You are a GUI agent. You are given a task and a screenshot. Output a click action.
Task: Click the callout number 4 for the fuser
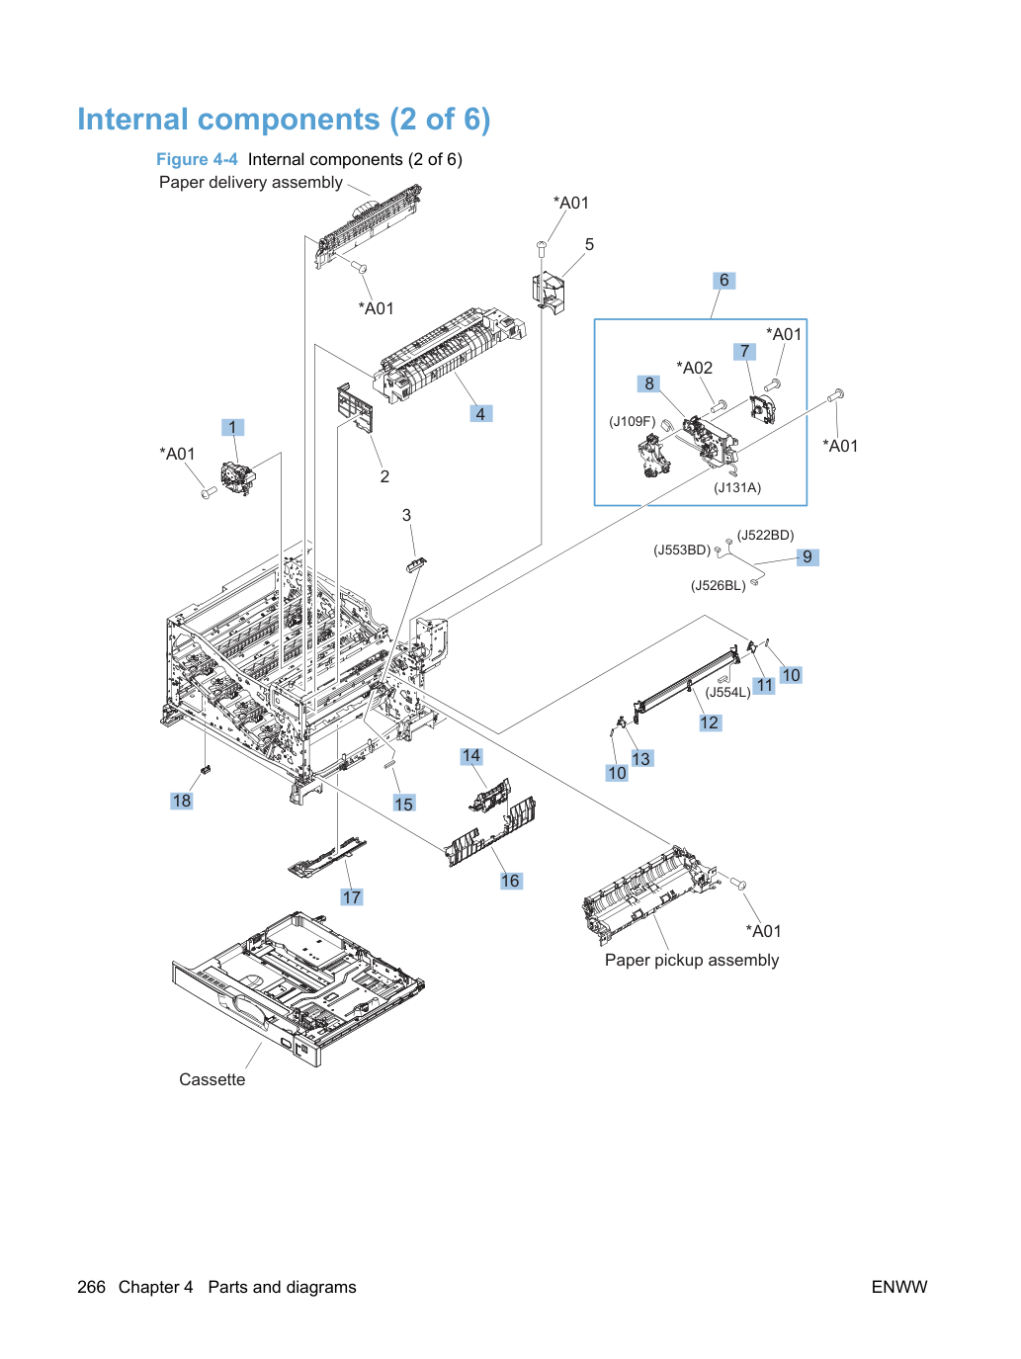[480, 413]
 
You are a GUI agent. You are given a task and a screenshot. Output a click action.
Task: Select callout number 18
[182, 801]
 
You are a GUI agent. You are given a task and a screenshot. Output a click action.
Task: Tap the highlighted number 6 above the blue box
[723, 281]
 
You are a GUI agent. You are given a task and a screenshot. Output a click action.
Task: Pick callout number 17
[352, 897]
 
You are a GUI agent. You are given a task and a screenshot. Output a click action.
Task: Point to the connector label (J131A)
[736, 488]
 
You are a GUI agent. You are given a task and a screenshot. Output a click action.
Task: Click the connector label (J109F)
[632, 422]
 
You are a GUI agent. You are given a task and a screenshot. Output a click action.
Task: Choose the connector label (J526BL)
[718, 586]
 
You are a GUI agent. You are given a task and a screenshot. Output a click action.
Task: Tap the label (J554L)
[727, 692]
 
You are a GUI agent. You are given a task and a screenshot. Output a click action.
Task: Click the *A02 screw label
[694, 368]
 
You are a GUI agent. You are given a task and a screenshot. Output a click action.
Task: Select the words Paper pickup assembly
[692, 961]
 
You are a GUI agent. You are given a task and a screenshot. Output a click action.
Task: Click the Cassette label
[212, 1079]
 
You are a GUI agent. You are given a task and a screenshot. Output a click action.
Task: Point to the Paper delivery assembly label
[251, 183]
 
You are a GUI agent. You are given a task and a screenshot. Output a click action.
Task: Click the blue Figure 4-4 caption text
[197, 160]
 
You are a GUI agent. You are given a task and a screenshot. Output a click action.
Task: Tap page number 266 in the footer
[91, 1287]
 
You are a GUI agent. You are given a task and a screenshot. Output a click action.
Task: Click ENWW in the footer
[899, 1287]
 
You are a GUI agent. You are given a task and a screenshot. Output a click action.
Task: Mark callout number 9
[808, 557]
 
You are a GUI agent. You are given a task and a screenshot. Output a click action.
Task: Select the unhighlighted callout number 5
[589, 244]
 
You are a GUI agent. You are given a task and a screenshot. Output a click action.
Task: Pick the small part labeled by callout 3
[416, 564]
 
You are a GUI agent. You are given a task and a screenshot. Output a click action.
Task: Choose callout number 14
[471, 756]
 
